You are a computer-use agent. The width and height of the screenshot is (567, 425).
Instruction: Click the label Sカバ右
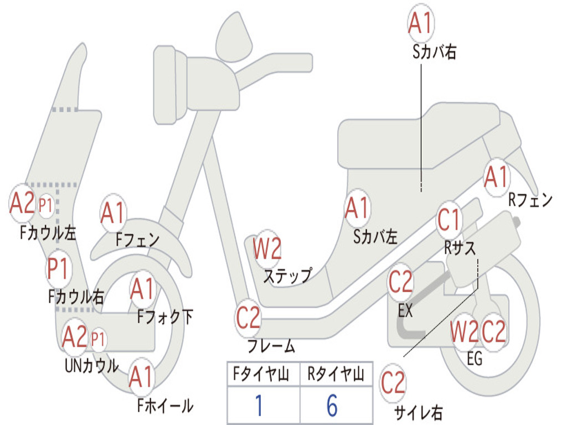point(434,52)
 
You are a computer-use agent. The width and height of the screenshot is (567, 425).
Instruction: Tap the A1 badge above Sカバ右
point(420,23)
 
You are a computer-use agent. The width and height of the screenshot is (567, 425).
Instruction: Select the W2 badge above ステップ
point(267,248)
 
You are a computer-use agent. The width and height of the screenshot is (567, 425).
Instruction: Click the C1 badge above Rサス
point(450,220)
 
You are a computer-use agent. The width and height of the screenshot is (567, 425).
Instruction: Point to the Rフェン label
point(530,200)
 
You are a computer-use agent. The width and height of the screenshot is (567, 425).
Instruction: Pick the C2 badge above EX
point(400,282)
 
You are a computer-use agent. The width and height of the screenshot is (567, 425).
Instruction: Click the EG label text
point(475,359)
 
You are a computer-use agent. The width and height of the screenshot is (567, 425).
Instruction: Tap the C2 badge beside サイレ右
point(393,383)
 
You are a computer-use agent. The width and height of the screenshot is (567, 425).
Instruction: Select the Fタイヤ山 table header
point(262,376)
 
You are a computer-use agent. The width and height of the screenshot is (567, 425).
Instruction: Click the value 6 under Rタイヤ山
point(332,406)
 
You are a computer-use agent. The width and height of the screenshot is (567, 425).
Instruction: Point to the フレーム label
point(271,347)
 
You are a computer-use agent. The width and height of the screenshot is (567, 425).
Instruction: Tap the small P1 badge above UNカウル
point(97,338)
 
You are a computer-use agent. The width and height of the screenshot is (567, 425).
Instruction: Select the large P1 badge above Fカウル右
point(58,269)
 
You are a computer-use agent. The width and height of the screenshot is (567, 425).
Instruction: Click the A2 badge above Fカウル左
point(22,203)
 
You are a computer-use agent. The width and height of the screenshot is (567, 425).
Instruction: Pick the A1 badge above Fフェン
point(113,213)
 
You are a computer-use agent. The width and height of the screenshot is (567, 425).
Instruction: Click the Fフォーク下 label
point(165,317)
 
